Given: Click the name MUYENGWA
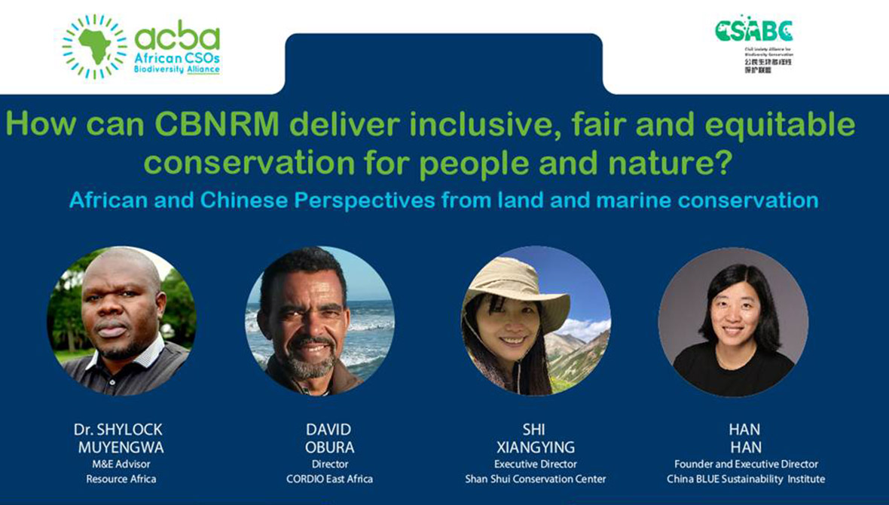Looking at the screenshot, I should coord(121,447).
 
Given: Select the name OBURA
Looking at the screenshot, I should coord(328,447).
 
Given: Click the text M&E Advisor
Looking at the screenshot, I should coord(121,464).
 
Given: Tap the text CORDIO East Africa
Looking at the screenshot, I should coord(329,479).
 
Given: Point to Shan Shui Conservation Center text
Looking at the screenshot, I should coord(535,479).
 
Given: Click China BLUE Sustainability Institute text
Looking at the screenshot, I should coord(745,479).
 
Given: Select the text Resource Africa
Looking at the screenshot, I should coord(121,479).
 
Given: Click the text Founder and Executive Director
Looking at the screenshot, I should coord(745,464).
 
